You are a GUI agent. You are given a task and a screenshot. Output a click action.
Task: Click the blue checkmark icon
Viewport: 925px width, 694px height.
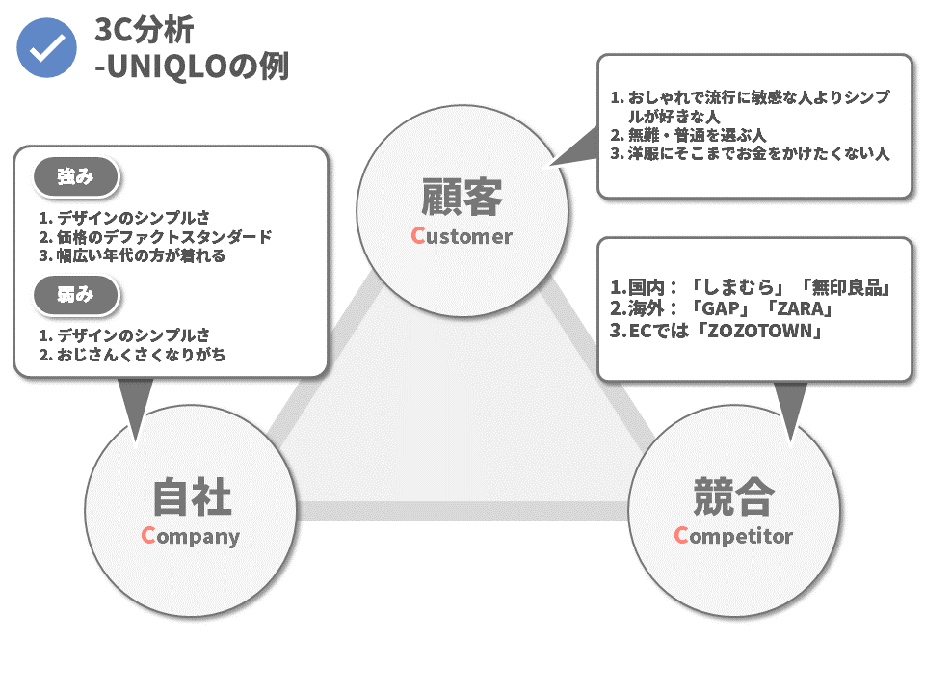click(46, 48)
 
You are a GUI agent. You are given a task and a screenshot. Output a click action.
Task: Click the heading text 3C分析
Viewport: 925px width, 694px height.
click(144, 30)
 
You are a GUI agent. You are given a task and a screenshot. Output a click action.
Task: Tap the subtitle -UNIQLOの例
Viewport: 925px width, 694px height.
click(192, 65)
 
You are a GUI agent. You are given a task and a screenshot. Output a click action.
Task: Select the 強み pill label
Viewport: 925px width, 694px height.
click(76, 176)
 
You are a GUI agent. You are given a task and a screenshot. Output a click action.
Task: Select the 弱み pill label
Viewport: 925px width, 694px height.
click(76, 295)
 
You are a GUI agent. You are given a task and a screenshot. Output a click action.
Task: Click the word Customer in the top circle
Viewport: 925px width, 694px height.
click(462, 236)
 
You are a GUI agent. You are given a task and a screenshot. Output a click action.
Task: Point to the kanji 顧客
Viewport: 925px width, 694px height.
click(462, 197)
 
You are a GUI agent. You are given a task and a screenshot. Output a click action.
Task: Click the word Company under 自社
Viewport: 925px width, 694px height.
click(191, 536)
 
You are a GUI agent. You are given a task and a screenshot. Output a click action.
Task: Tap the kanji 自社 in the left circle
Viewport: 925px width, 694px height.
click(192, 497)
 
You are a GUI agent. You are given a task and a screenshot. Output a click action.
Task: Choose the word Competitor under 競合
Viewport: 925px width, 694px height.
click(733, 536)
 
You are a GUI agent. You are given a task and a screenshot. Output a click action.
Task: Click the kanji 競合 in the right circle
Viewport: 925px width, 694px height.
click(733, 497)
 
